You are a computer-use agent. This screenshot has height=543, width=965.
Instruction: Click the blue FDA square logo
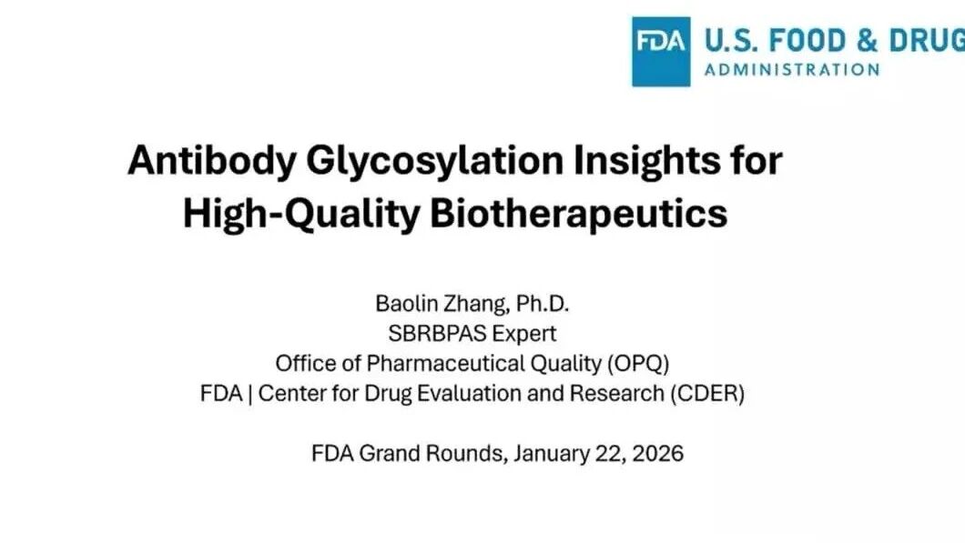(x=661, y=52)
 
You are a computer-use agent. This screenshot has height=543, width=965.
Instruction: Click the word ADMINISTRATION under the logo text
(x=792, y=69)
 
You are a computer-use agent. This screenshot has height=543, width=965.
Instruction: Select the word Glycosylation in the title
(x=434, y=160)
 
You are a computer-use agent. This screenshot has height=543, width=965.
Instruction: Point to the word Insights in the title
(x=646, y=160)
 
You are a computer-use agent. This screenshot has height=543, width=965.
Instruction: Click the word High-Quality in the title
(x=301, y=214)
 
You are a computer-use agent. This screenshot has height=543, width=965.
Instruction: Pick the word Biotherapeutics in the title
(x=578, y=214)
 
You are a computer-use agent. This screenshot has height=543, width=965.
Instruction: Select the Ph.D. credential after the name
(x=543, y=303)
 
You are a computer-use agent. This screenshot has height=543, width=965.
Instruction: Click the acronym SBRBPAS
(x=436, y=333)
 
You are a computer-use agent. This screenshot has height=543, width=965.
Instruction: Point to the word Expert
(x=523, y=334)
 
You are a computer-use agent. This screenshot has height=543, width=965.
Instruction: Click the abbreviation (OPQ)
(x=638, y=364)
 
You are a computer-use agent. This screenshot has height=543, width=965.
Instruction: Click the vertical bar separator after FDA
(x=249, y=394)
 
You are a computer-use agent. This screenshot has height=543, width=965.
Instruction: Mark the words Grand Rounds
(x=433, y=453)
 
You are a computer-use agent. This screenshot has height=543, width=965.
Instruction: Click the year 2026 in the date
(x=658, y=453)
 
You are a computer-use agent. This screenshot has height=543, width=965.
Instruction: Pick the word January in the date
(x=552, y=454)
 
